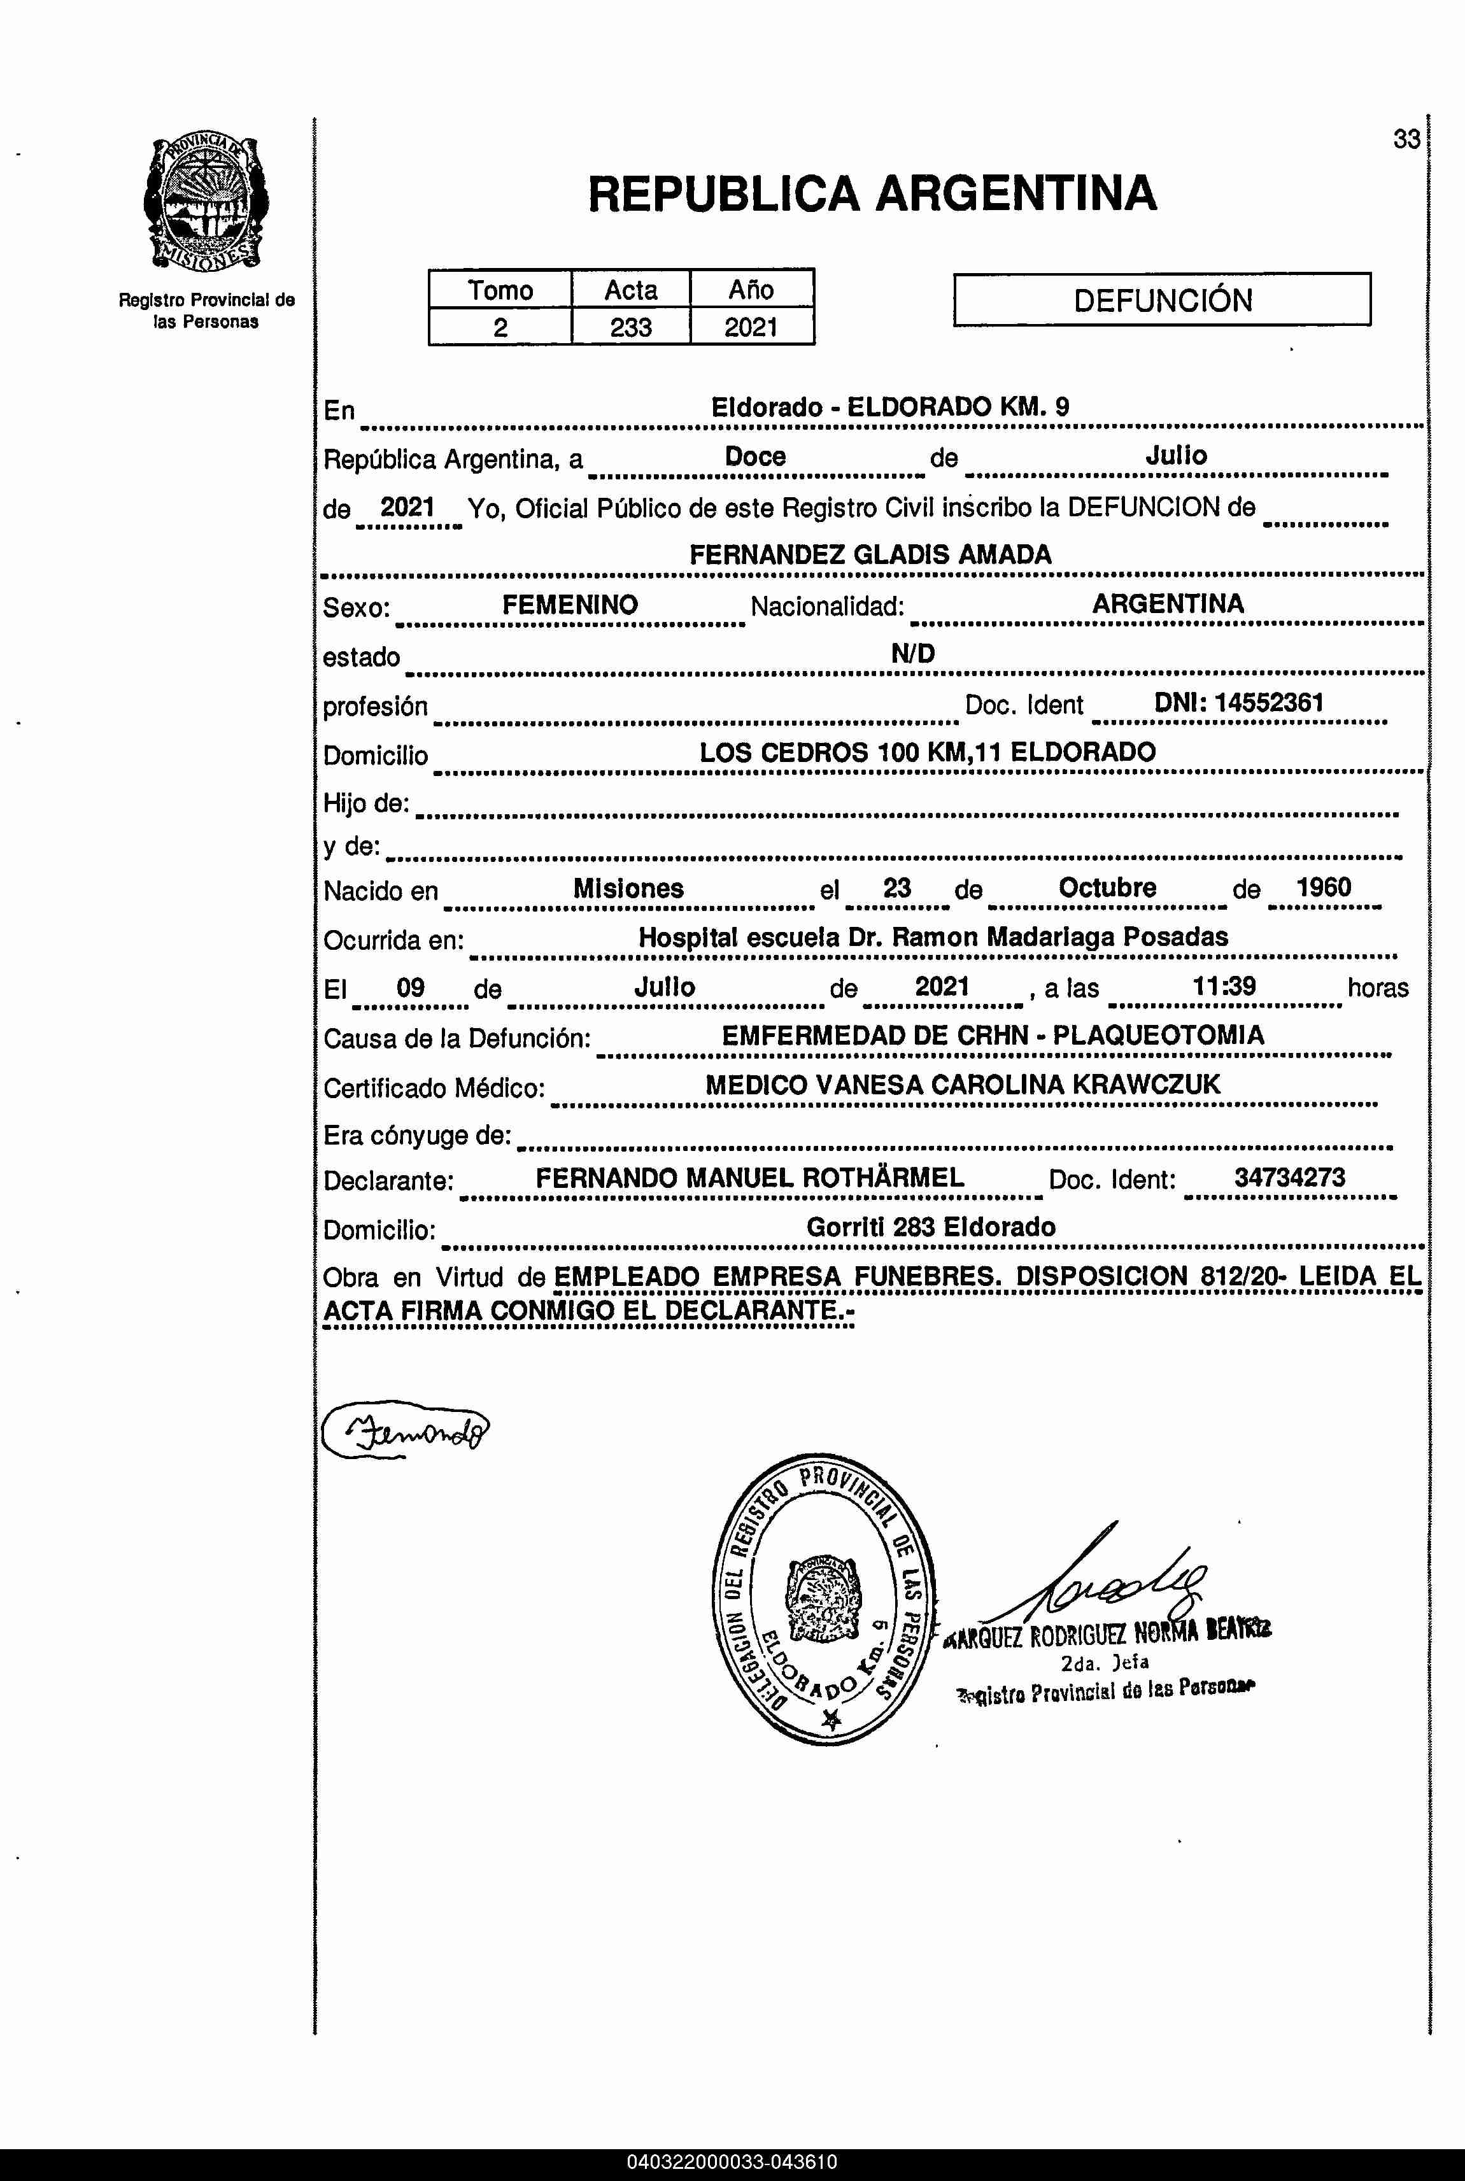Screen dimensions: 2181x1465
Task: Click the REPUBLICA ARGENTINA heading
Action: coord(872,194)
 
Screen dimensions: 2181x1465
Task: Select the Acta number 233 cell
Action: coord(631,328)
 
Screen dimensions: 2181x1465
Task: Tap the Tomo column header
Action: coord(500,290)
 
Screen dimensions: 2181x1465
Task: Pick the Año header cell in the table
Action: coord(751,290)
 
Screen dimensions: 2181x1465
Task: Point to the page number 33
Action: coord(1406,139)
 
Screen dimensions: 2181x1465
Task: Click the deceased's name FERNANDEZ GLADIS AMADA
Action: coord(870,555)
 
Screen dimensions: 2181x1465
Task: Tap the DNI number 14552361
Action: coord(1269,702)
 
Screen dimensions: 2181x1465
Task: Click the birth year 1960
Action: coord(1323,887)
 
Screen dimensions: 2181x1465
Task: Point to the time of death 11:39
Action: coord(1223,986)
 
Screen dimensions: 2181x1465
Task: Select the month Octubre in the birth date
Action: coord(1107,887)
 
